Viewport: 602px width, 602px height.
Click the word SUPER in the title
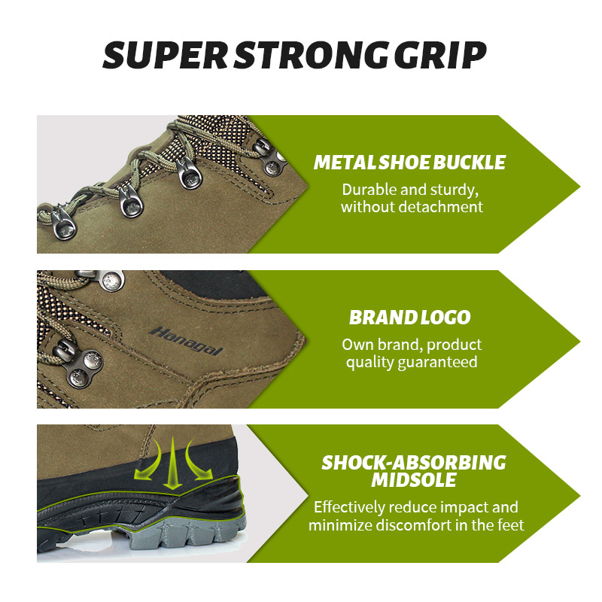[x=166, y=55]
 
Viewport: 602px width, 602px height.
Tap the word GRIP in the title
[x=440, y=55]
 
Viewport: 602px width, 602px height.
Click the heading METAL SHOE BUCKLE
[x=409, y=163]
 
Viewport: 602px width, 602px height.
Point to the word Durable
[x=368, y=190]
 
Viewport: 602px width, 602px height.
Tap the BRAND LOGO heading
[x=409, y=318]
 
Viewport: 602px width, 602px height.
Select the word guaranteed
[x=437, y=363]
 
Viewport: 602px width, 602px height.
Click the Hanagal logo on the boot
[x=186, y=342]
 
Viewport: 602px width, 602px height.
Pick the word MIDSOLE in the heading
[x=414, y=480]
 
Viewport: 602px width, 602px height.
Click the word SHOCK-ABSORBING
[x=414, y=463]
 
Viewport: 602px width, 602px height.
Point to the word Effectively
[x=349, y=507]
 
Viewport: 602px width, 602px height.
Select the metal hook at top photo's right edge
[x=272, y=158]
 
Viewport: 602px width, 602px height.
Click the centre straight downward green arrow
[x=173, y=464]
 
